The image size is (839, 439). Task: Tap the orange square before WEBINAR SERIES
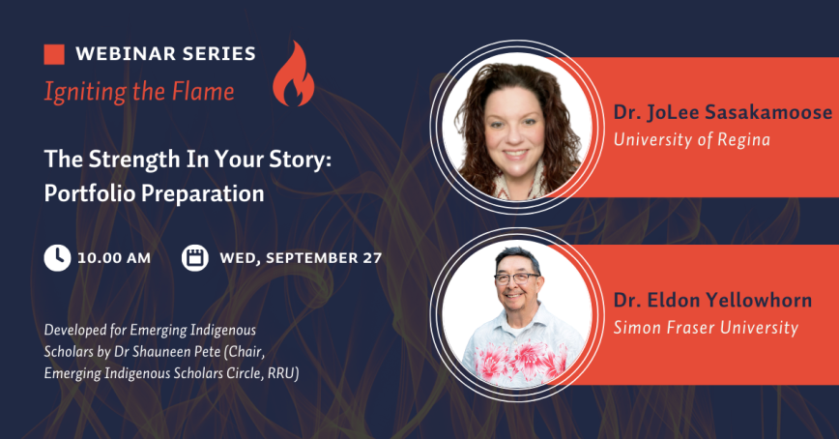point(54,53)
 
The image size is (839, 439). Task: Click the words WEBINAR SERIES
point(165,53)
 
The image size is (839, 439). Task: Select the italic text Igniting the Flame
point(139,92)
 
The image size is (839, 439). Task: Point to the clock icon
point(57,257)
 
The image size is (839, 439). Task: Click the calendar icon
point(195,257)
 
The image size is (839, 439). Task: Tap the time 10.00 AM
point(115,258)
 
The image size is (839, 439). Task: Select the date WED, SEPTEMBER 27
point(301,258)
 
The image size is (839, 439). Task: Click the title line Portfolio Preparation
point(155,193)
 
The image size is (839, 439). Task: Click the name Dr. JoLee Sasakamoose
point(722,113)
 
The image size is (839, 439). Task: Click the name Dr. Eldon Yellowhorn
point(712,301)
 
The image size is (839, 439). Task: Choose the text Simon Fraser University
point(707,328)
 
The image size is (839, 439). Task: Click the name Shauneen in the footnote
point(211,351)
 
